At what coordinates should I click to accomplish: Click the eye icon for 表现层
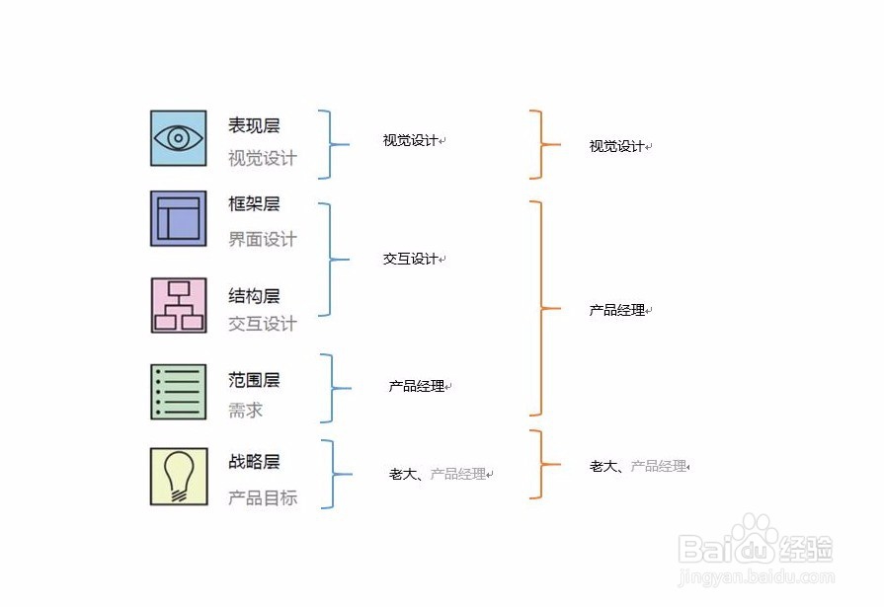coord(179,138)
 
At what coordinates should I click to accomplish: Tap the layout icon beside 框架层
coord(179,218)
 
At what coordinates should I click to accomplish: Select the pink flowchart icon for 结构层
coord(179,305)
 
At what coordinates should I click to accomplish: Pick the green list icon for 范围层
coord(179,392)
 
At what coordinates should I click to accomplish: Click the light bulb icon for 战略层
coord(179,477)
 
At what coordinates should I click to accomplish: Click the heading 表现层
coord(254,126)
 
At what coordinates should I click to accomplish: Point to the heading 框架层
coord(254,204)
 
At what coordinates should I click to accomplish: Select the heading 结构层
coord(254,296)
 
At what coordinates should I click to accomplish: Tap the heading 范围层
coord(254,380)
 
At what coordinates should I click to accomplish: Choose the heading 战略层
coord(254,462)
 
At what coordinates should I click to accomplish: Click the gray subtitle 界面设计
coord(262,239)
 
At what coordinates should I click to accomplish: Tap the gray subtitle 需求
coord(245,411)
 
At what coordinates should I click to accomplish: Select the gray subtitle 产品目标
coord(262,497)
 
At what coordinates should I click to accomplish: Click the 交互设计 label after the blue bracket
coord(411,259)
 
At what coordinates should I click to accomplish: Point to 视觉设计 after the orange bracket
coord(617,146)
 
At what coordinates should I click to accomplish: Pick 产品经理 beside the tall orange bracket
coord(617,310)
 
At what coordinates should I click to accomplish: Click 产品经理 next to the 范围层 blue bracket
coord(417,387)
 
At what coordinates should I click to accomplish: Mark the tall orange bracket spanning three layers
coord(539,308)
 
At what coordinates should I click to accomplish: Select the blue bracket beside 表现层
coord(331,144)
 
